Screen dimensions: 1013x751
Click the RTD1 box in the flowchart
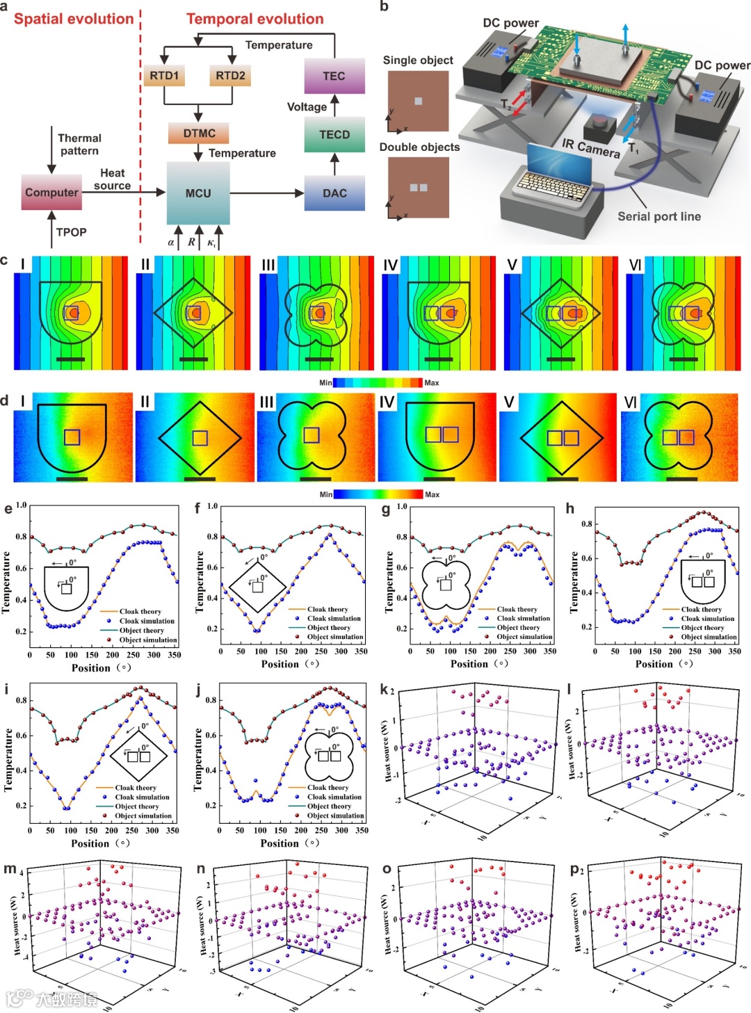(x=164, y=76)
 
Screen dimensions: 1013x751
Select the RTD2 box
(x=230, y=76)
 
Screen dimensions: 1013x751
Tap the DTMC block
(x=199, y=133)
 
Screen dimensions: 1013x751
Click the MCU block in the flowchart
(x=198, y=193)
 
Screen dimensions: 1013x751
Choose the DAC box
(x=334, y=193)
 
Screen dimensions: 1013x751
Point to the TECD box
(x=334, y=135)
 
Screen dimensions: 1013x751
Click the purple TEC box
(x=334, y=76)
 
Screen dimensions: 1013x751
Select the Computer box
(x=51, y=193)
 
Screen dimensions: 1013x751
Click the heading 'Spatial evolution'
(x=74, y=19)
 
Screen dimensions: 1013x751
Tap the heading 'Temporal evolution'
(x=255, y=19)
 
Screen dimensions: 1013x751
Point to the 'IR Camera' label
(x=590, y=147)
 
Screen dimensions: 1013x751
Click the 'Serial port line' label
(x=659, y=216)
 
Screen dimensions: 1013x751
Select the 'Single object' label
(x=418, y=60)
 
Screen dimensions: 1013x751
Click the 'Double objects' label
(x=419, y=147)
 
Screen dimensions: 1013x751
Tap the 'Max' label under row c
(x=432, y=383)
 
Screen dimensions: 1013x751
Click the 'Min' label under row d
(x=325, y=494)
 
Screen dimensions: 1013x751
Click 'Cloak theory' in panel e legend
(x=140, y=612)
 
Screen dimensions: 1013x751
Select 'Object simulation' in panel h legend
(x=709, y=637)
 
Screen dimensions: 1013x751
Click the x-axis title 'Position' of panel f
(x=280, y=664)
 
